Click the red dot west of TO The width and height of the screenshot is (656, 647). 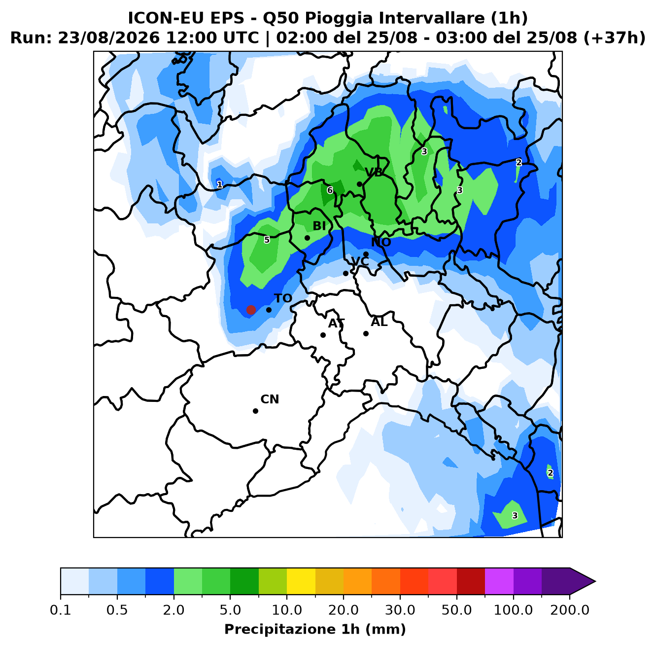(x=251, y=310)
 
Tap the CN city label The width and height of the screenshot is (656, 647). (x=270, y=399)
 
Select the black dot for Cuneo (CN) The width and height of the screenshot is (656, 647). (x=255, y=411)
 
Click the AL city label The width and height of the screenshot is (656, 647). (x=379, y=322)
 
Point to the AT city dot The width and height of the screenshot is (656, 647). (x=323, y=335)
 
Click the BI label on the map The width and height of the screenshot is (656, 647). (x=319, y=226)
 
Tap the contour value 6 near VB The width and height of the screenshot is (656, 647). (x=330, y=190)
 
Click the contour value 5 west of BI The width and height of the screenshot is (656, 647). (x=267, y=240)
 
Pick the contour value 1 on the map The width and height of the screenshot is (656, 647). (x=220, y=184)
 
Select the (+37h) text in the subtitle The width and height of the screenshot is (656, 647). (x=614, y=38)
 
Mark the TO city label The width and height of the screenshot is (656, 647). (x=283, y=298)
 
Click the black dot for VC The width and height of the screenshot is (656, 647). (x=345, y=273)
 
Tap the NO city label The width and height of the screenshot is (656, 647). (x=381, y=242)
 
